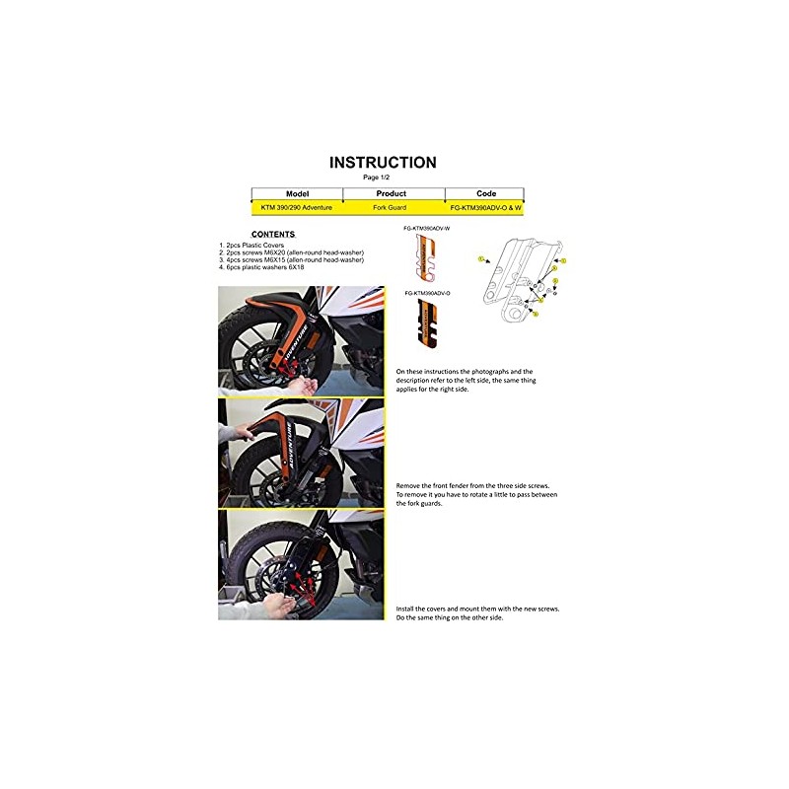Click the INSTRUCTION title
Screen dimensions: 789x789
click(x=383, y=163)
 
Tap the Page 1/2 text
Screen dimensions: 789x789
click(x=377, y=177)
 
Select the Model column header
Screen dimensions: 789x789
click(x=297, y=194)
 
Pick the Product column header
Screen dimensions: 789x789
click(x=392, y=194)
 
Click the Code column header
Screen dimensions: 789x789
click(x=486, y=194)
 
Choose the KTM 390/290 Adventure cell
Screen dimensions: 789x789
click(x=297, y=208)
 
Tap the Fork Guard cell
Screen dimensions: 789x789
click(x=392, y=208)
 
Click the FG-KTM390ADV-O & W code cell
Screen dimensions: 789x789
click(x=485, y=208)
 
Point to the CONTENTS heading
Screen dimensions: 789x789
click(x=246, y=235)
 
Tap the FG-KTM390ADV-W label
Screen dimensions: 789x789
click(x=426, y=229)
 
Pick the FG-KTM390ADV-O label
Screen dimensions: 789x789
click(x=426, y=294)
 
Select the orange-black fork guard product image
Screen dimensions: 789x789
click(x=429, y=324)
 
